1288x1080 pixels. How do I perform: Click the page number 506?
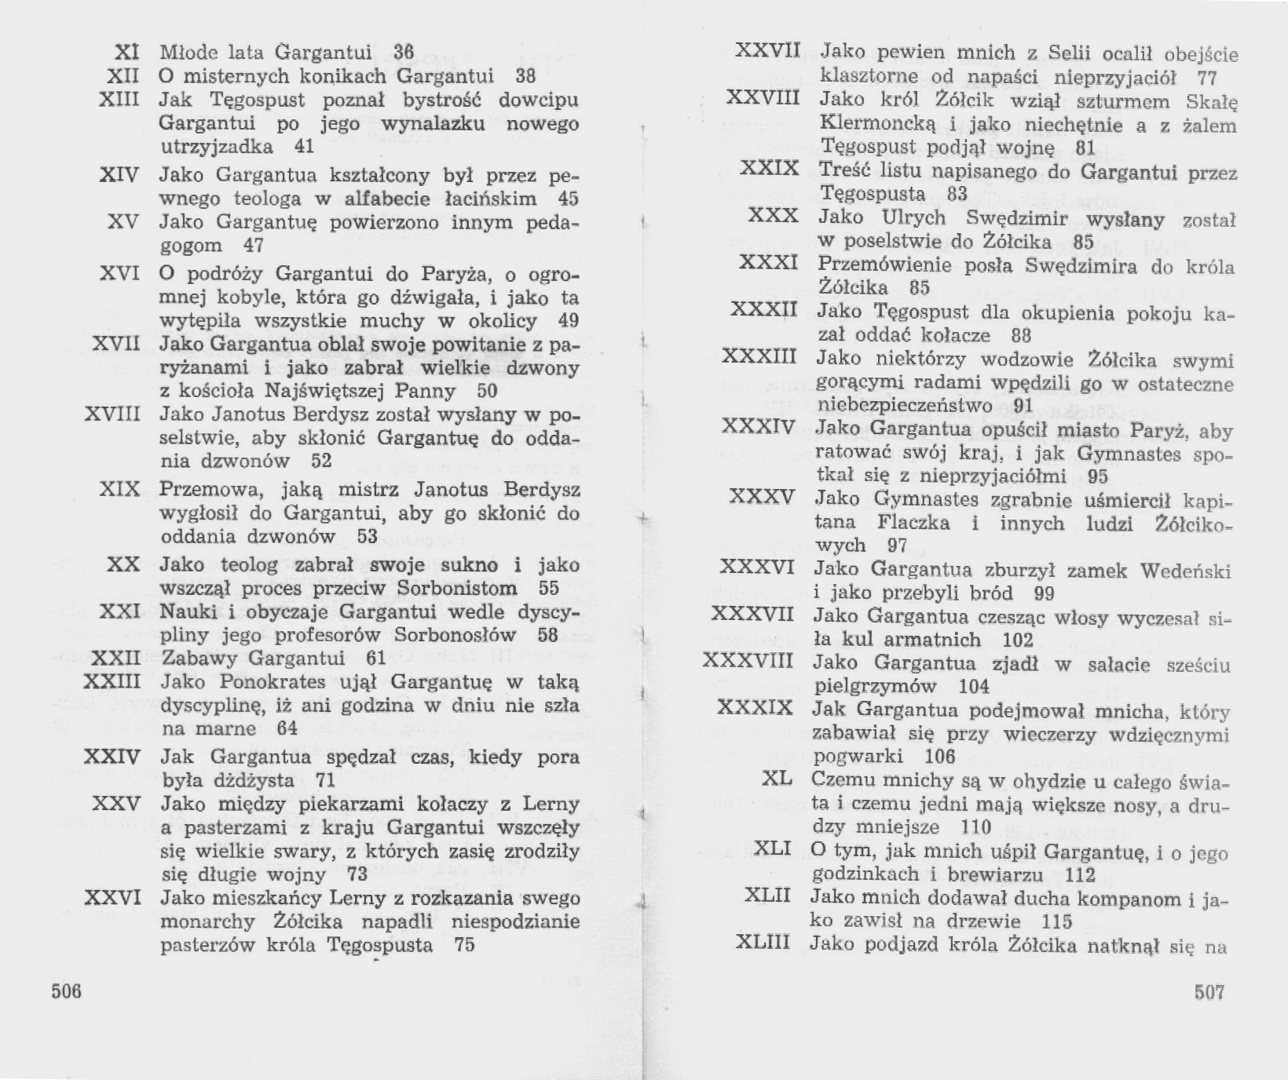67,991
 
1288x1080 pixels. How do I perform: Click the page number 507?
1209,992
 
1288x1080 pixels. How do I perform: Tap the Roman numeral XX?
123,564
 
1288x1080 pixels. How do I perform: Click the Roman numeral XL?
777,779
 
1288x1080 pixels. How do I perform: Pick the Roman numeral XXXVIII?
748,660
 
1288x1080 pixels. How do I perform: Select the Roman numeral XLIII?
762,942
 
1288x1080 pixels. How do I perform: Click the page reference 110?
977,826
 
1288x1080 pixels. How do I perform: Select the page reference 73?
357,874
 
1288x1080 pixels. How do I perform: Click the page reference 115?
1057,921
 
